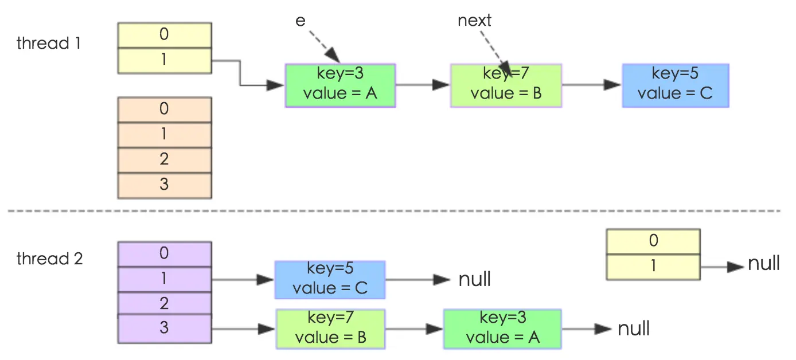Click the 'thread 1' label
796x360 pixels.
point(48,44)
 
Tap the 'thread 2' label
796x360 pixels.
point(49,259)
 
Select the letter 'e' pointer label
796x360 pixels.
point(300,21)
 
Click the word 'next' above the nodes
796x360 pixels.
point(474,21)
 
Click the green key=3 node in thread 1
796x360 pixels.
point(340,85)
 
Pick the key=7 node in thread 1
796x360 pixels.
point(506,85)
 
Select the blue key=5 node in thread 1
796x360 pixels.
point(675,85)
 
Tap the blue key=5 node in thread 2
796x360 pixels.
point(330,279)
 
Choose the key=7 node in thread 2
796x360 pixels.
point(330,329)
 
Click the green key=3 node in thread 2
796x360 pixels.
point(502,329)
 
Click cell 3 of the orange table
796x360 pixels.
point(165,185)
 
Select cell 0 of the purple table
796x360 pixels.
point(165,253)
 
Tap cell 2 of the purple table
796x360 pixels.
point(165,303)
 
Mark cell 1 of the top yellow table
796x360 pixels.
point(165,60)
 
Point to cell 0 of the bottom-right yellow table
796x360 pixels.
point(653,241)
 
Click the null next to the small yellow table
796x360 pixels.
point(763,264)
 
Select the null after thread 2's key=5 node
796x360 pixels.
point(474,280)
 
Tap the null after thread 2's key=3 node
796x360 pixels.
point(633,329)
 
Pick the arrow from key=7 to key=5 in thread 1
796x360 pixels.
point(591,85)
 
